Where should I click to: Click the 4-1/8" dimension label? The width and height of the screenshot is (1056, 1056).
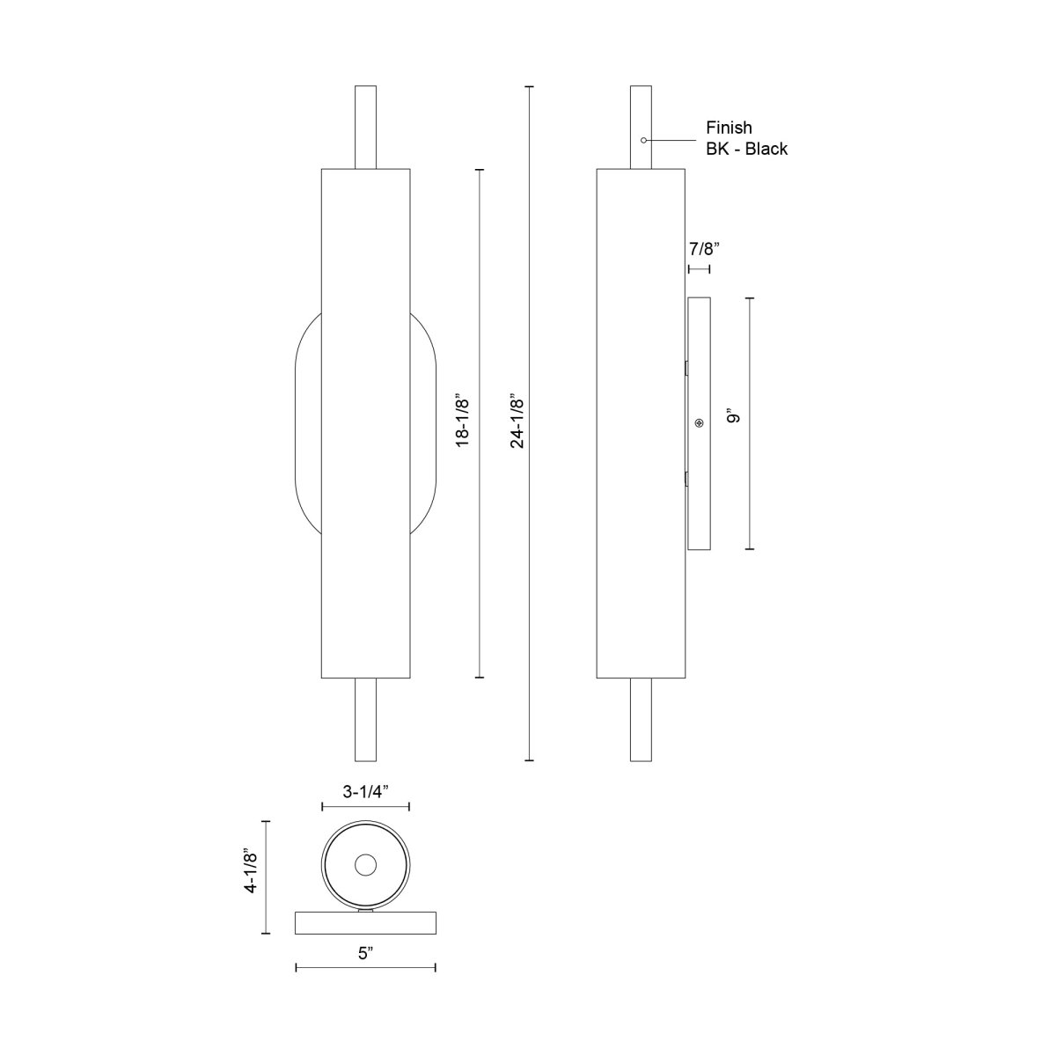[x=251, y=872]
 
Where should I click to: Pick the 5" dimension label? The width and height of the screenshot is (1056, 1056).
[x=365, y=952]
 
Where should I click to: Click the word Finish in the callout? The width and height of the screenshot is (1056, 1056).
[x=729, y=128]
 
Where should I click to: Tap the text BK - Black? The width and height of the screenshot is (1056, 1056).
[x=746, y=149]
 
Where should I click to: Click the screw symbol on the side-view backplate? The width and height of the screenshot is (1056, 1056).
[x=699, y=424]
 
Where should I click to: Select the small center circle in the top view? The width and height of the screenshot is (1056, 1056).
[x=364, y=865]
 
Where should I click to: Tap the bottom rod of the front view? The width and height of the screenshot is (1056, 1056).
[x=365, y=719]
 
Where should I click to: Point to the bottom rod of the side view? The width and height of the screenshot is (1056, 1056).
[x=642, y=719]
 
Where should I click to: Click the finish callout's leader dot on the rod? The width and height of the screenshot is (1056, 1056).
[x=644, y=140]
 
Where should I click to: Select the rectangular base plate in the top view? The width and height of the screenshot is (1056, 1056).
[x=365, y=923]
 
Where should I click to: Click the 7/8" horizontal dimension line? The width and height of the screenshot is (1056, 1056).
[x=699, y=270]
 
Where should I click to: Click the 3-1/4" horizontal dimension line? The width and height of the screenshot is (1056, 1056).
[x=365, y=806]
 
